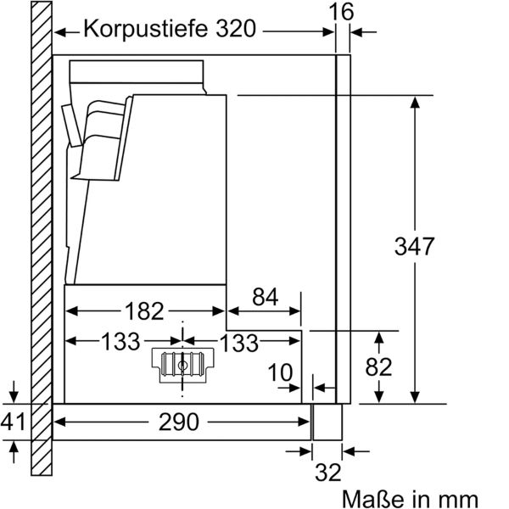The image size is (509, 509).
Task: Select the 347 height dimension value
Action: (415, 247)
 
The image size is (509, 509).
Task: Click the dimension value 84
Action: (265, 297)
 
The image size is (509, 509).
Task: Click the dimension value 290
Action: (178, 421)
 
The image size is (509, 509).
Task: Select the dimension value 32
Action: (328, 472)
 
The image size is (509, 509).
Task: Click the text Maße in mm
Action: (410, 496)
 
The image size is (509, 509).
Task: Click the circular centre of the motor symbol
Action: (182, 365)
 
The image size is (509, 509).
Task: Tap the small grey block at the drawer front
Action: (325, 421)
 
